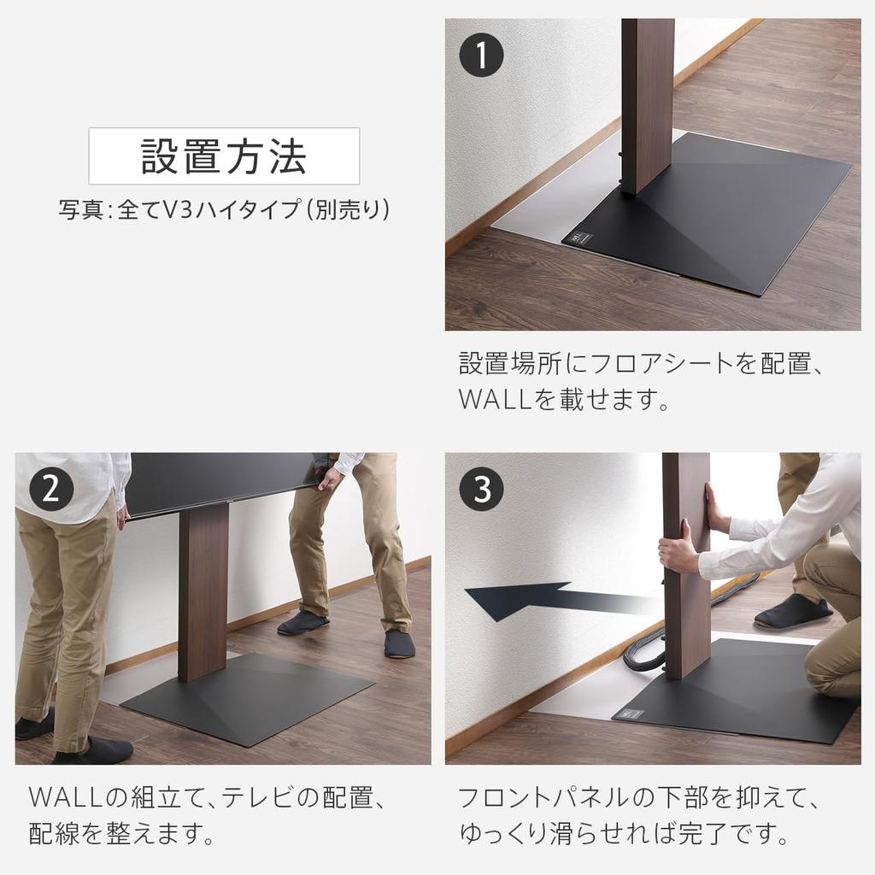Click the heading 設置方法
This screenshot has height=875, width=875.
click(x=224, y=156)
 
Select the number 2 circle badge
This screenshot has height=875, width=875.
click(x=50, y=490)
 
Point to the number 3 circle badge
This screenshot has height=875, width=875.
click(x=481, y=490)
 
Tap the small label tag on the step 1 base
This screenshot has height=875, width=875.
click(x=579, y=237)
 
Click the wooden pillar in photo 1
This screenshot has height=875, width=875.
click(x=648, y=103)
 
